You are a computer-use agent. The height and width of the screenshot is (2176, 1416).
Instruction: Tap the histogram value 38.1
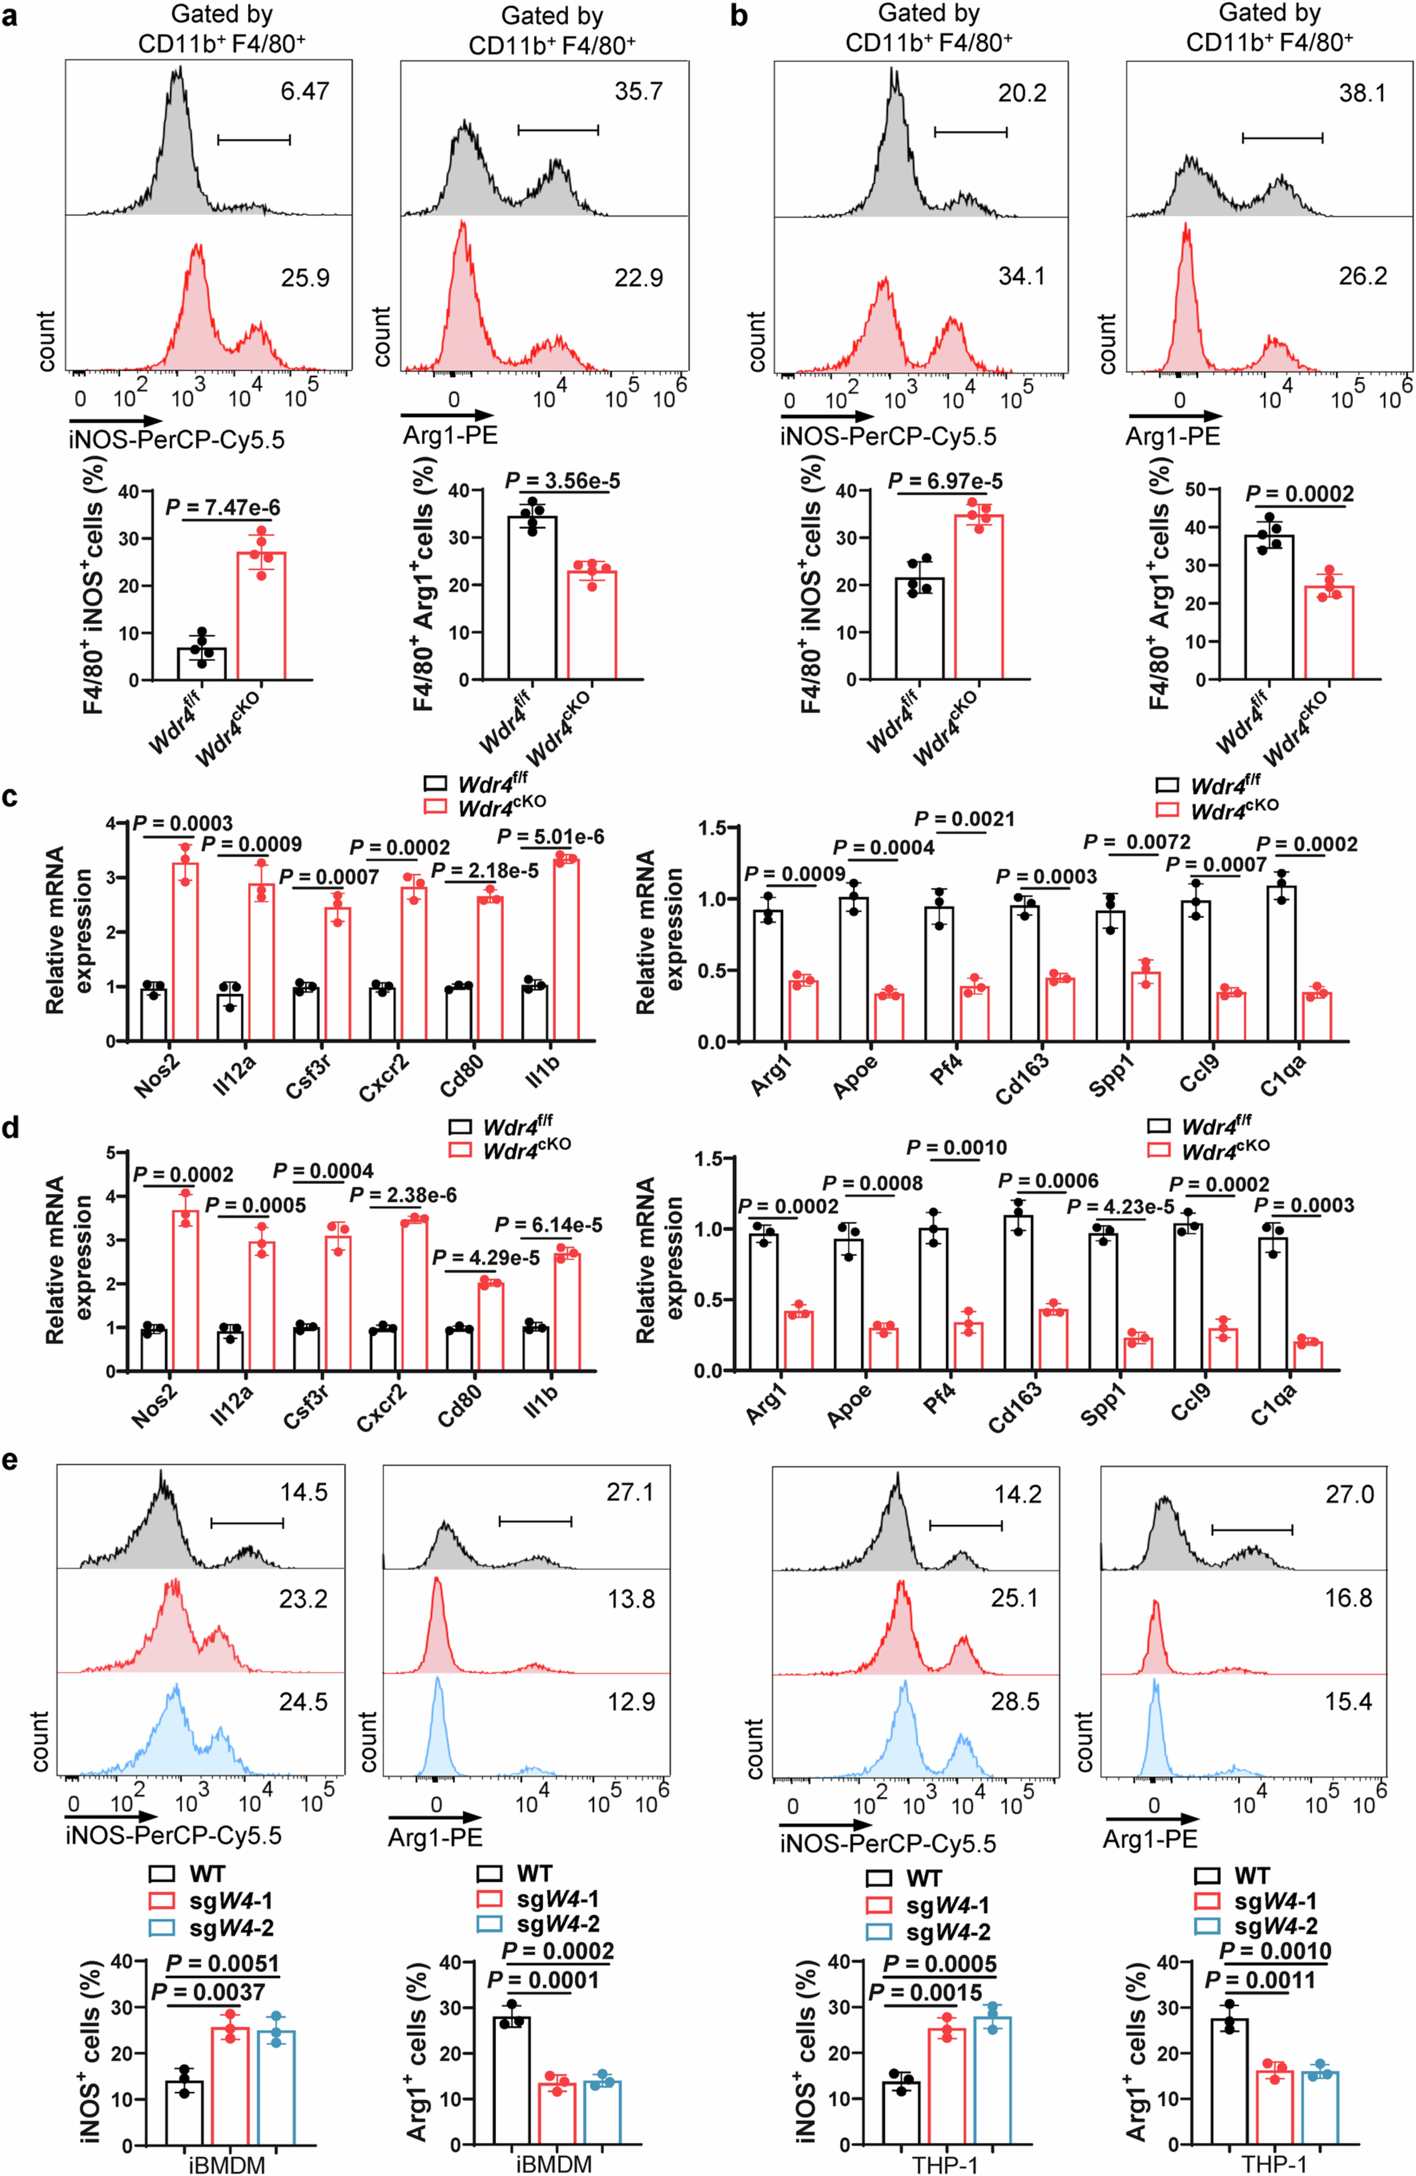(x=1362, y=93)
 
